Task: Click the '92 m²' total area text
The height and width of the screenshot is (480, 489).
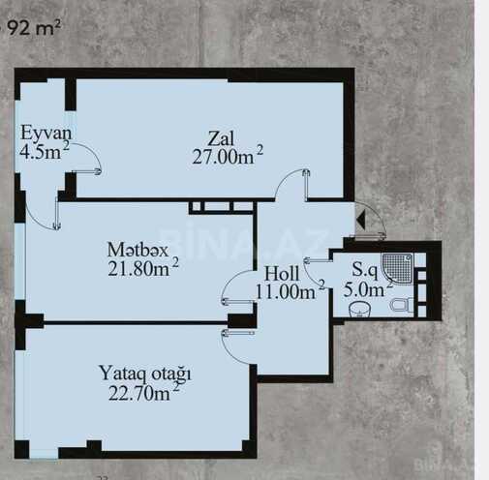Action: point(34,28)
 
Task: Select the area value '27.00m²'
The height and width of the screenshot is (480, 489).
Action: point(228,156)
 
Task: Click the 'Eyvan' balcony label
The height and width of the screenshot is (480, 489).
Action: point(46,133)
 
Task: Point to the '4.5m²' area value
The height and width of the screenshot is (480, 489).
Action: point(45,151)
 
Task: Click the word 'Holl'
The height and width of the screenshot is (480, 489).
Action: point(282,274)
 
